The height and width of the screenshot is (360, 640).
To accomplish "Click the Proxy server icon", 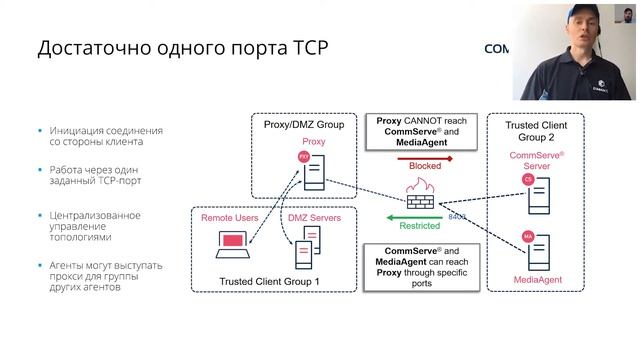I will pos(313,171).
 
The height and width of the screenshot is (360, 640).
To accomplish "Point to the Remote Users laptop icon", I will pos(233,243).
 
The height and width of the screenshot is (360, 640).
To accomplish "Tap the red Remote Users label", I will pos(230,217).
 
